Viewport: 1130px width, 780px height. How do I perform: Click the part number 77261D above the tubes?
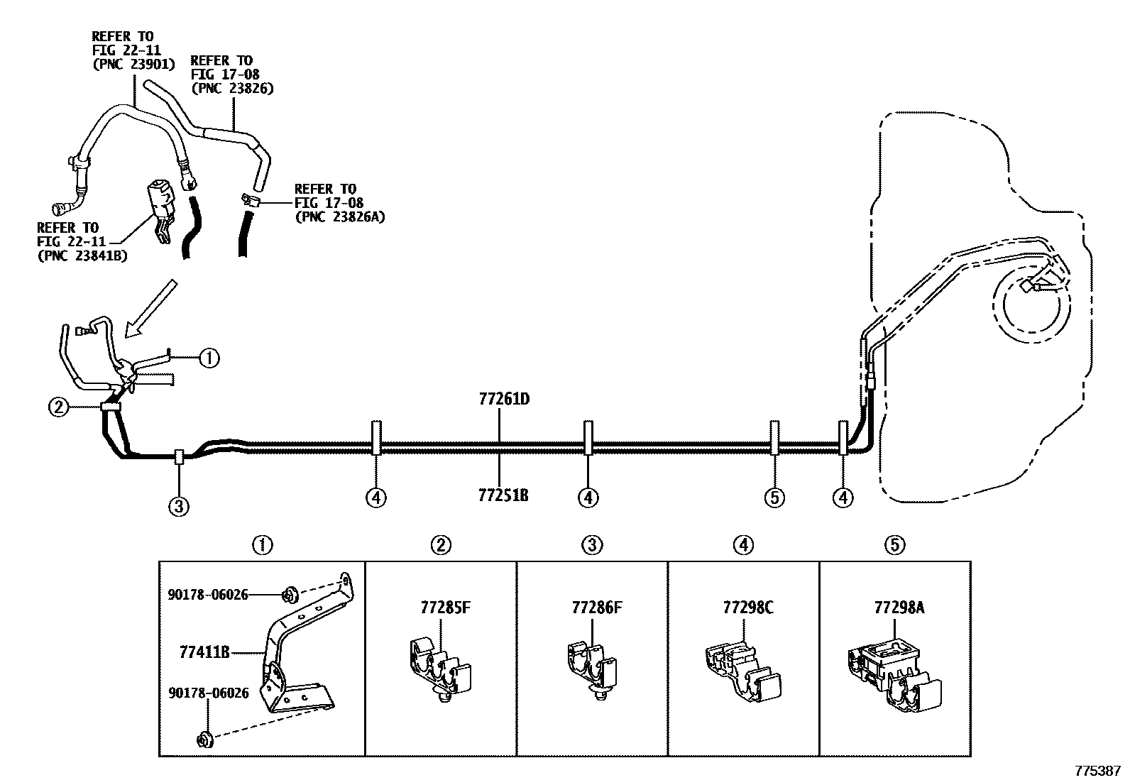504,399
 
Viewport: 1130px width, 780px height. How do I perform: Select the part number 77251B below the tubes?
503,495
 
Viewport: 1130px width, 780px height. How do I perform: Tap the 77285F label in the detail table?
446,608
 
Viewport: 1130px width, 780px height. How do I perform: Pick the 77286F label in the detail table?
597,608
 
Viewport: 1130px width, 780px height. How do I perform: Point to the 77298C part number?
748,608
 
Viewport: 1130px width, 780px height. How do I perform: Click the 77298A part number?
899,608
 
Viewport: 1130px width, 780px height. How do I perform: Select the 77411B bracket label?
205,653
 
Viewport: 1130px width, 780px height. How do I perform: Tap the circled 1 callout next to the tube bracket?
209,358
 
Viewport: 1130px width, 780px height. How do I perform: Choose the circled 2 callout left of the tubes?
58,407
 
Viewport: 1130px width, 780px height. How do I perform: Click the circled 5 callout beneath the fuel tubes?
774,498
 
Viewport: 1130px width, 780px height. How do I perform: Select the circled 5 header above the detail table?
895,545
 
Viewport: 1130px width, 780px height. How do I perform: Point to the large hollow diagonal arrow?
150,309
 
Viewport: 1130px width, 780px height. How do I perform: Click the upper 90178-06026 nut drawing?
290,594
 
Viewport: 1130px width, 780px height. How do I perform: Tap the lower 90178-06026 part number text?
209,693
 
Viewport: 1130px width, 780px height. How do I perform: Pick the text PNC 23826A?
340,217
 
